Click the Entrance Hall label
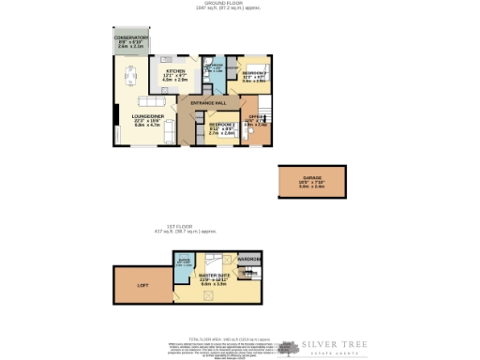click(208, 101)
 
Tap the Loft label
click(142, 284)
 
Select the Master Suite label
click(214, 276)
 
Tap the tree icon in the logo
click(291, 347)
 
